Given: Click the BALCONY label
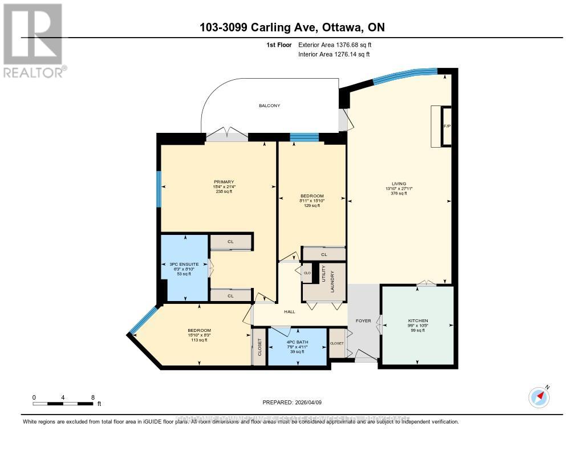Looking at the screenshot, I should (270, 105).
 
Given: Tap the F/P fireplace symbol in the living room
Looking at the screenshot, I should (447, 126).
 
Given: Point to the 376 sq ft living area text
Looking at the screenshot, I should (399, 194).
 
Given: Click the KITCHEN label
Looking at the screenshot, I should (417, 321).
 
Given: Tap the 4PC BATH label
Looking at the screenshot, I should (297, 341).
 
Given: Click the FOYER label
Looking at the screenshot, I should (363, 321).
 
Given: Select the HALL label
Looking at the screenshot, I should (290, 312).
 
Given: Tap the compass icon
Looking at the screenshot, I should (538, 397).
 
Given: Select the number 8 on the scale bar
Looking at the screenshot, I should (92, 397).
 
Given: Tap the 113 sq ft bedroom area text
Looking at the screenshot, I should (200, 340).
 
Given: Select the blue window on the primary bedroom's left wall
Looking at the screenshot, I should (159, 188).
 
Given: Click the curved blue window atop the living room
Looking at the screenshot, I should (405, 75).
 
